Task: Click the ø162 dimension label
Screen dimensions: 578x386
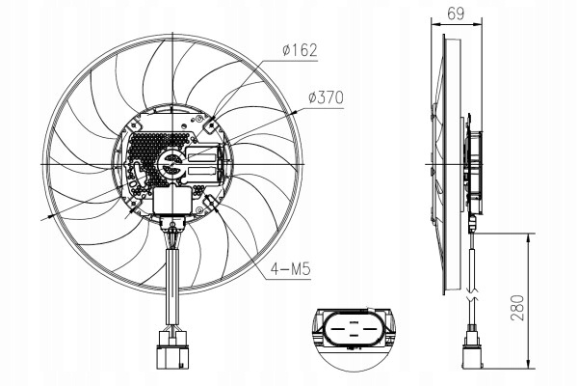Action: [x=300, y=50]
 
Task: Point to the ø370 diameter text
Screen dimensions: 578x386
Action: [x=326, y=97]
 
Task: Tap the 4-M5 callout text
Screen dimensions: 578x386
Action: [x=291, y=269]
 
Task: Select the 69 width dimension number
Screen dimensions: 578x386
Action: [x=456, y=14]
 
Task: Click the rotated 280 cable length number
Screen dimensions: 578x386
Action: [x=517, y=308]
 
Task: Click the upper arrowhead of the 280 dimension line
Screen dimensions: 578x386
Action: [x=529, y=237]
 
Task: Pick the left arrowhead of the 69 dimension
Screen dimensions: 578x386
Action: [x=435, y=23]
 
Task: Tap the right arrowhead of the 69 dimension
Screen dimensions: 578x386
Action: [x=478, y=23]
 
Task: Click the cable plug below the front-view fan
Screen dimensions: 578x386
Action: [x=172, y=349]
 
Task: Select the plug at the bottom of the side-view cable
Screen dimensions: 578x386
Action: [x=472, y=350]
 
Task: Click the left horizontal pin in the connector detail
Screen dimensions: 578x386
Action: [x=337, y=328]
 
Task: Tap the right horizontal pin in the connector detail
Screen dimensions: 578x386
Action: [x=369, y=328]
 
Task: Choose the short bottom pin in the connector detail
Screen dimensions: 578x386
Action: [x=354, y=335]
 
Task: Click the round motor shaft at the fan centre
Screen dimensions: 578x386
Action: [x=171, y=165]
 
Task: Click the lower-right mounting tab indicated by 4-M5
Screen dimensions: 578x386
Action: [x=210, y=203]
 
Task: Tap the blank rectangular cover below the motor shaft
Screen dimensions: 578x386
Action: [x=172, y=201]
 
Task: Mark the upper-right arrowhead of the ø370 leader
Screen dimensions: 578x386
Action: [x=294, y=112]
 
